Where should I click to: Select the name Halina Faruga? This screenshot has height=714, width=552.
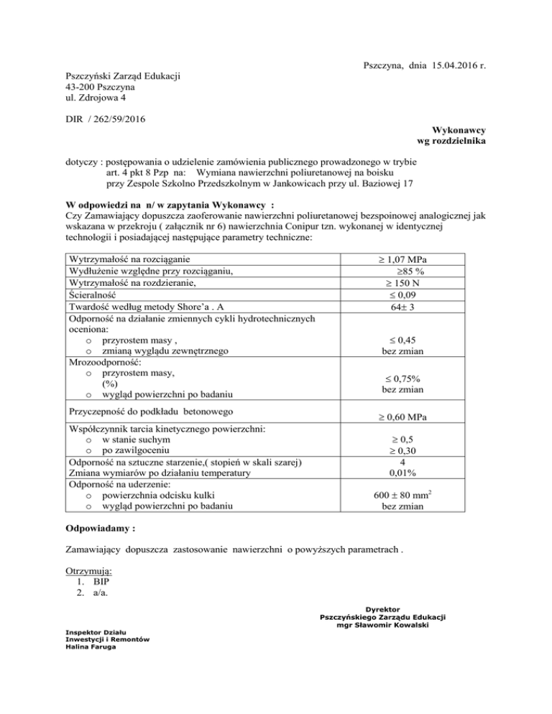click(x=91, y=646)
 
